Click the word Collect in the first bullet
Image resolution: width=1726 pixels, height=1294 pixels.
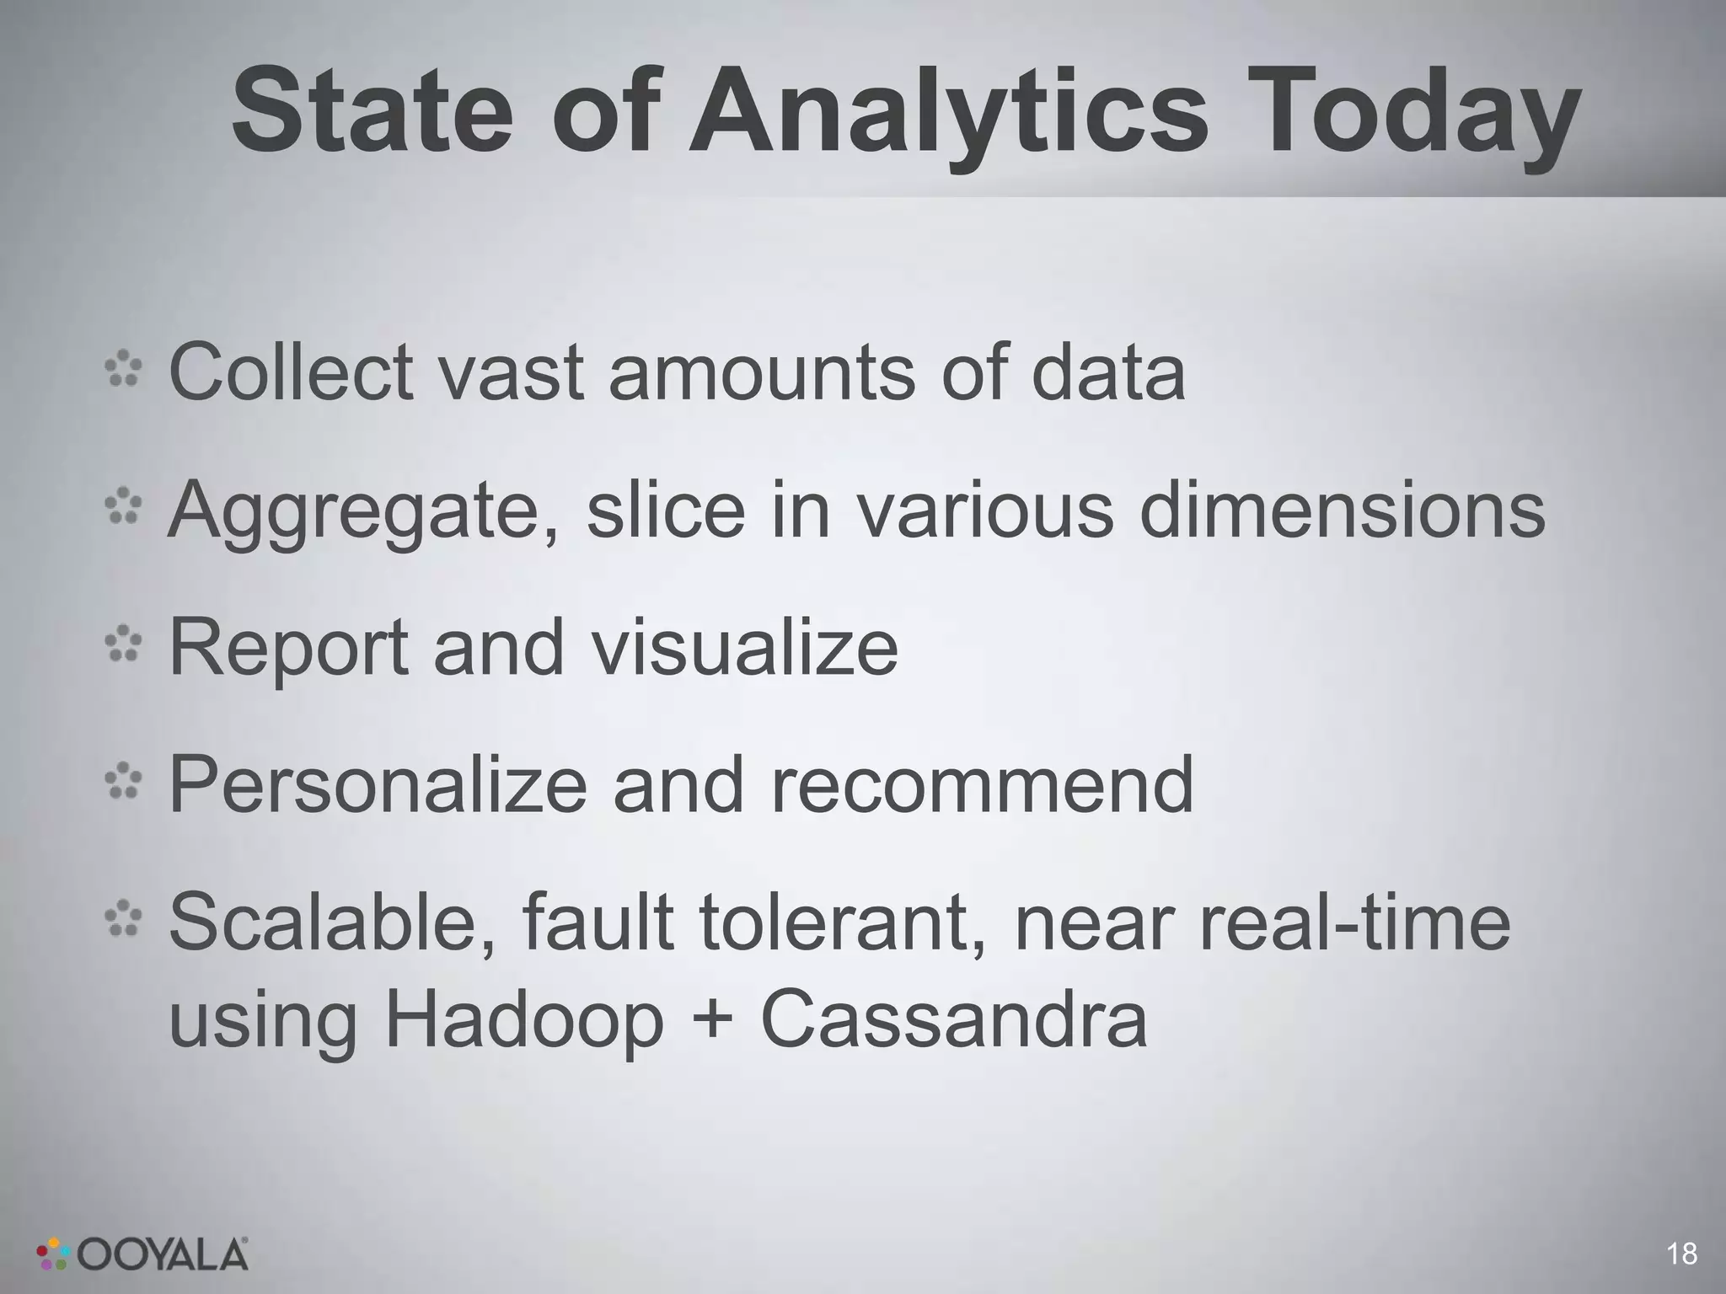[292, 372]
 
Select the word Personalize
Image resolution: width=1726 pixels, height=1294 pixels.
[378, 785]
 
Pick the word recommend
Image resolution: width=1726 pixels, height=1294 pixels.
[982, 785]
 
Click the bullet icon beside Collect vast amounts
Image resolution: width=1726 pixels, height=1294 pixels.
[124, 370]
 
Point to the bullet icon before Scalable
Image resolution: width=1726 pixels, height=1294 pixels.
[124, 920]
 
